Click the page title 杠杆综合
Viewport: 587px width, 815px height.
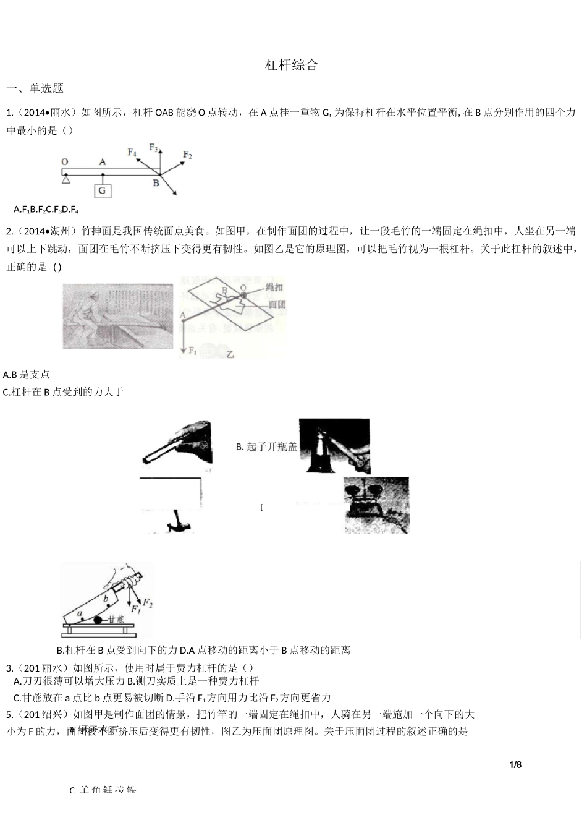(x=291, y=65)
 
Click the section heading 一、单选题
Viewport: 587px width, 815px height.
(x=35, y=88)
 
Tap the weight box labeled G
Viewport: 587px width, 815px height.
(x=103, y=190)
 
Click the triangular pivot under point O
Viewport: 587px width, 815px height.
(x=65, y=179)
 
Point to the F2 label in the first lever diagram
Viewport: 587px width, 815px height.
(x=188, y=155)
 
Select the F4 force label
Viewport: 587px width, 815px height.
(x=132, y=152)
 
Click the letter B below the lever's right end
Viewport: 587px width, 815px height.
(x=156, y=183)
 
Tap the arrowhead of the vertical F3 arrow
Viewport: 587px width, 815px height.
(x=160, y=152)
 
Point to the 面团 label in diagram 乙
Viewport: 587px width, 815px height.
(x=277, y=304)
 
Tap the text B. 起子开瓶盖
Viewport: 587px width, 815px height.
(x=266, y=446)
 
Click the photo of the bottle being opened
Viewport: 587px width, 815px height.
(x=334, y=446)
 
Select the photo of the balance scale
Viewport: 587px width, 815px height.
(x=376, y=505)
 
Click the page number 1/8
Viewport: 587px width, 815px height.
(x=515, y=764)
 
